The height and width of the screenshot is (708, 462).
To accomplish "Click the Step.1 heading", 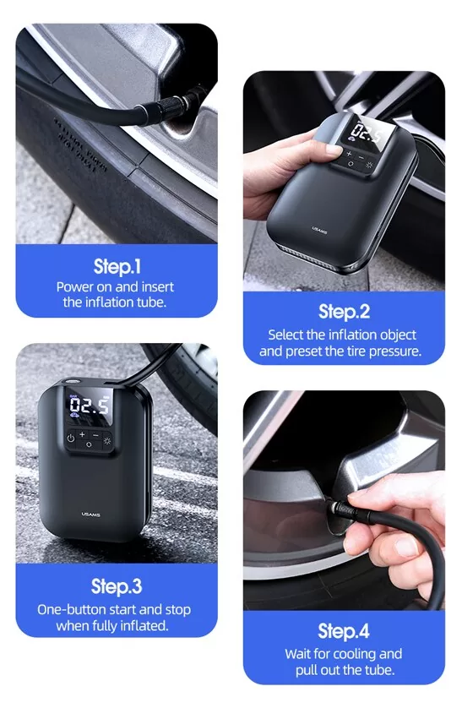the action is (x=117, y=266).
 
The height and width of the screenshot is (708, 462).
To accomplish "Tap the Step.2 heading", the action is (x=344, y=312).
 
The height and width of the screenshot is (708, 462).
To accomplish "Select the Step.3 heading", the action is (x=117, y=586).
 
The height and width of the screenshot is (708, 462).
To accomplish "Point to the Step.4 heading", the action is (x=344, y=631).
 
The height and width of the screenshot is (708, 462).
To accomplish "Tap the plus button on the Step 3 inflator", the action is (x=82, y=434).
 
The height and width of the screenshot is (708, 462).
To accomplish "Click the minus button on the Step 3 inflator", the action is (x=95, y=435).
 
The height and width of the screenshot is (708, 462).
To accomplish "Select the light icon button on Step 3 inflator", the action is (x=107, y=440).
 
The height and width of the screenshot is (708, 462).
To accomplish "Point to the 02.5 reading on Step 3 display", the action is (x=89, y=406).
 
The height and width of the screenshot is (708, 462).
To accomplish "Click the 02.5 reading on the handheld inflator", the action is (x=367, y=133).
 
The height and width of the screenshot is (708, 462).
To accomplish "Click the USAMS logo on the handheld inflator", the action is (x=320, y=231).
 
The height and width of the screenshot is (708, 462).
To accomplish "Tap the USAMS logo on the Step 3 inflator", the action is (x=90, y=515).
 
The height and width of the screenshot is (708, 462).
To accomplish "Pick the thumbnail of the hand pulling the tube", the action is (x=344, y=500).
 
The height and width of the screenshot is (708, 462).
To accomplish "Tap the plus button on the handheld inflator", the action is (x=349, y=154).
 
